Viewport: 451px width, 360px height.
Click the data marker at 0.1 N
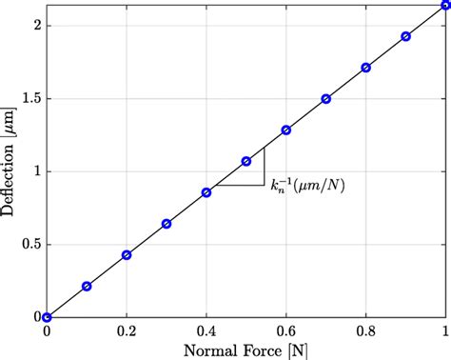(x=87, y=286)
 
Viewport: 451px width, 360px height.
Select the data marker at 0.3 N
(x=167, y=224)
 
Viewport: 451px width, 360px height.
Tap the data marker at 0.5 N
(x=246, y=161)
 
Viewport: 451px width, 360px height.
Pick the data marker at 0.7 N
(x=326, y=99)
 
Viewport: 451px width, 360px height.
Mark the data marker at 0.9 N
(x=406, y=36)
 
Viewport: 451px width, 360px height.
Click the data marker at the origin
(x=47, y=317)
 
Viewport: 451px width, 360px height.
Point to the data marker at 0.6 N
(x=286, y=130)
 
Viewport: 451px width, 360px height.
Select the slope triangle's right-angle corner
(x=265, y=184)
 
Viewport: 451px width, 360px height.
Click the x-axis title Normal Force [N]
(x=246, y=350)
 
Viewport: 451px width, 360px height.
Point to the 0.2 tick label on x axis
(x=127, y=330)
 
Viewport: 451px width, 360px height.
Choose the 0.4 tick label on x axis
(x=206, y=330)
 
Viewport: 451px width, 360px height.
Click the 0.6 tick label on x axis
(x=286, y=330)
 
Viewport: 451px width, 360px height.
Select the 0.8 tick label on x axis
(x=366, y=330)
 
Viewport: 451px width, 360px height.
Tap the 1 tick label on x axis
(x=445, y=330)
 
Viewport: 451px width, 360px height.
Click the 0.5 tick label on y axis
(x=29, y=244)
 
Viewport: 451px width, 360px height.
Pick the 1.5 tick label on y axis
(x=29, y=98)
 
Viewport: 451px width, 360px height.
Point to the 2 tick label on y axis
(x=35, y=26)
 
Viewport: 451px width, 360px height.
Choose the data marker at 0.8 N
(x=366, y=68)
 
